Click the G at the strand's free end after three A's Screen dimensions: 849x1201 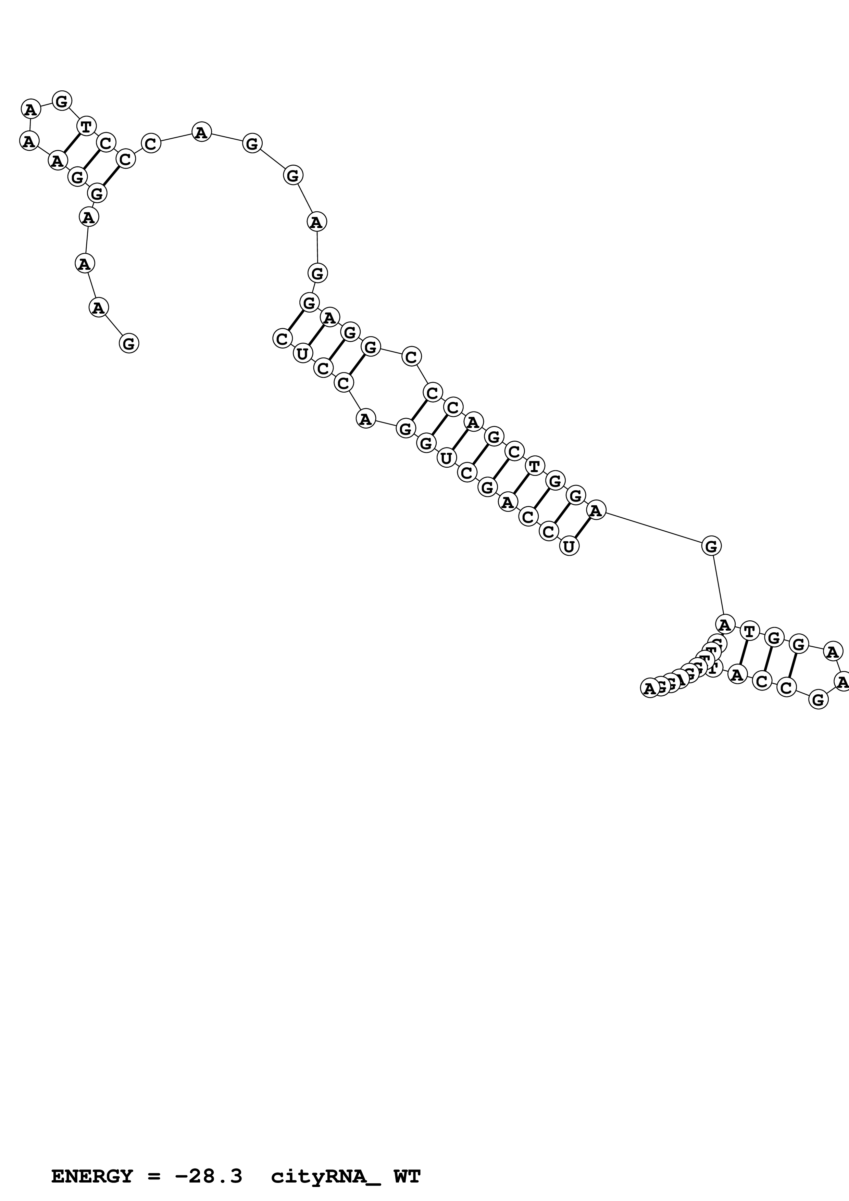click(x=129, y=344)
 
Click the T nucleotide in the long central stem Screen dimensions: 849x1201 click(x=534, y=466)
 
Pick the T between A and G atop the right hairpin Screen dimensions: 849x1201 click(x=750, y=631)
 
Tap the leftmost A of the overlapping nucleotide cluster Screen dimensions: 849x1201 click(x=649, y=688)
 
